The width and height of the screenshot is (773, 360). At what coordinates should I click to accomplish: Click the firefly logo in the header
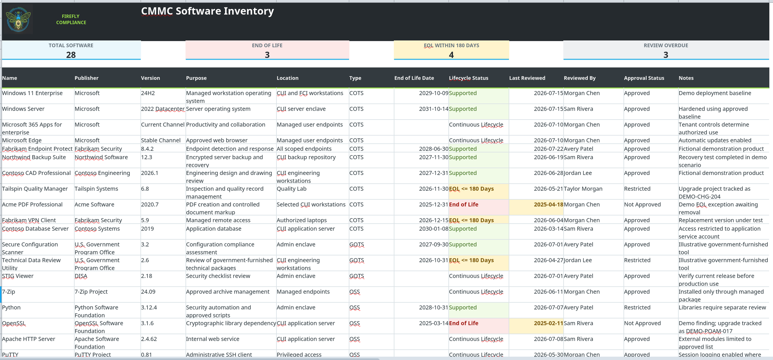point(18,19)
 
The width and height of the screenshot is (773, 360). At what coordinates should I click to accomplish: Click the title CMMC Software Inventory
point(207,11)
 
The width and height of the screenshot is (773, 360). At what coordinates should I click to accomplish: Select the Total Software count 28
point(71,55)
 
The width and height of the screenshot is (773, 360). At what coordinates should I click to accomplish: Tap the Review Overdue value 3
point(666,55)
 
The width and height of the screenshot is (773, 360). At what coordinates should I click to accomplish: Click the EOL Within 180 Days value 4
point(451,55)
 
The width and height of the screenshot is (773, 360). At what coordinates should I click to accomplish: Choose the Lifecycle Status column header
point(468,78)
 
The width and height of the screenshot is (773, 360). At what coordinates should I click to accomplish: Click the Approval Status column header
point(644,78)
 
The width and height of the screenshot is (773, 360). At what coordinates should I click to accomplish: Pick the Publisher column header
point(87,78)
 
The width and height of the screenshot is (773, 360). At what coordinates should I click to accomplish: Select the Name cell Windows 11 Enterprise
point(32,93)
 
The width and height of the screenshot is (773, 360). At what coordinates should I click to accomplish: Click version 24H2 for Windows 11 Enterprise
point(148,93)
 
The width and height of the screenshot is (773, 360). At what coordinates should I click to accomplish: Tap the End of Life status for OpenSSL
point(463,323)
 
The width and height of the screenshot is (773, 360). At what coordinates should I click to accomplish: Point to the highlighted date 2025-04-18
point(549,205)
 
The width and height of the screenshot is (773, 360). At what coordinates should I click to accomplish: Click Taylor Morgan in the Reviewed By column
point(583,189)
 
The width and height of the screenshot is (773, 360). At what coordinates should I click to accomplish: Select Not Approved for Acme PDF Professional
point(642,205)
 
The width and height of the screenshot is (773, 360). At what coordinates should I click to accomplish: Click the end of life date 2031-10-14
point(433,109)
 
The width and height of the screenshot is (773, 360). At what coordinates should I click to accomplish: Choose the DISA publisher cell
point(81,276)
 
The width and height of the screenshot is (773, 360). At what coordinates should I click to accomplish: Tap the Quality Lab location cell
point(291,189)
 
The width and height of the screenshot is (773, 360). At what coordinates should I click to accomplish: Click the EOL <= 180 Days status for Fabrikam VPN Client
point(471,220)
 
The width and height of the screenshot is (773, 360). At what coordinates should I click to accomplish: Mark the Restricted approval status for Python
point(637,307)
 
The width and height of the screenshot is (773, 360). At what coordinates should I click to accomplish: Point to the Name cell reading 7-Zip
point(8,292)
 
